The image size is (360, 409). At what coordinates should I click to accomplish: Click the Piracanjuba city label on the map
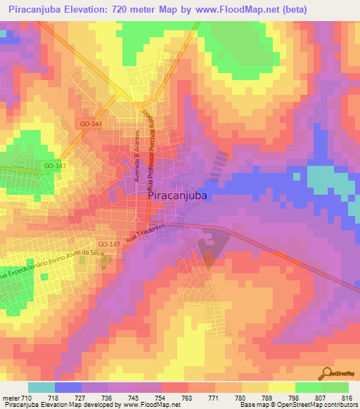(x=178, y=197)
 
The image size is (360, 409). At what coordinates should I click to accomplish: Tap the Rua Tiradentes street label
(x=146, y=235)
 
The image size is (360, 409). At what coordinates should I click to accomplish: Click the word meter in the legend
(x=12, y=397)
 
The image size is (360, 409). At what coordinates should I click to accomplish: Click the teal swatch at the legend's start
(x=41, y=387)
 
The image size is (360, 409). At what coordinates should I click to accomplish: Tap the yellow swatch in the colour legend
(x=282, y=387)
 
